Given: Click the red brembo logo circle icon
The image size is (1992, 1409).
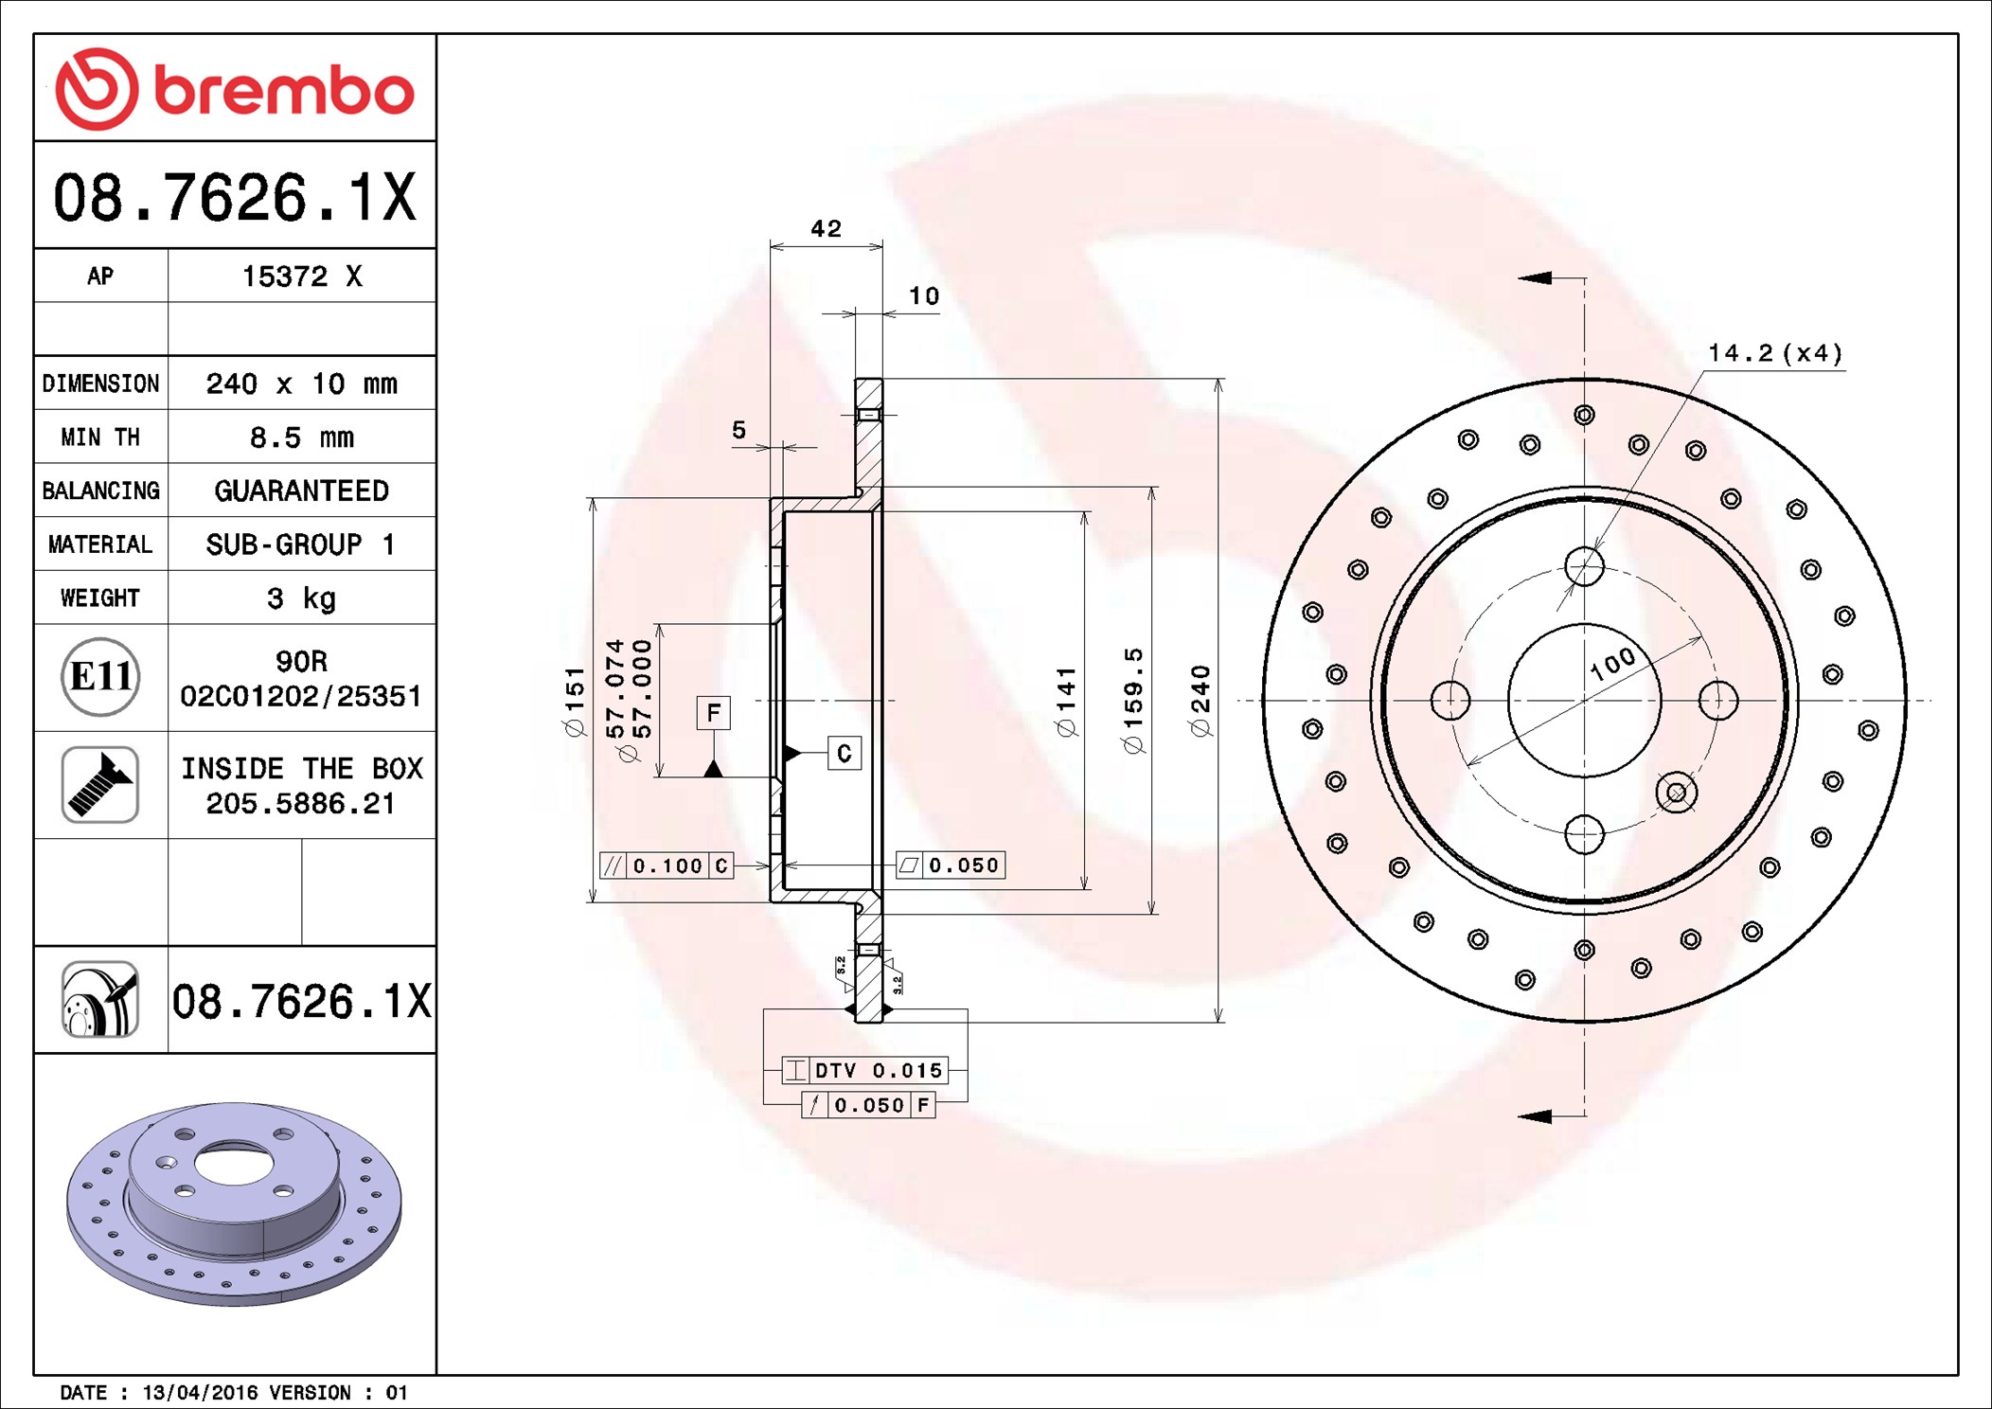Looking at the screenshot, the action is point(97,88).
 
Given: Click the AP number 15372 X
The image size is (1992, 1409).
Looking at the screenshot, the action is point(302,276).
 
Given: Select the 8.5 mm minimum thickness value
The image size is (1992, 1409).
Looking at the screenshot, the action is point(302,437).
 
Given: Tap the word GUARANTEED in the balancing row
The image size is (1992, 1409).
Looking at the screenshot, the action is point(302,490).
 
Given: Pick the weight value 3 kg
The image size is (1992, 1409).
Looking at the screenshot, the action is point(302,598).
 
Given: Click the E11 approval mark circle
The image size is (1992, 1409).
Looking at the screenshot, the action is point(100,677).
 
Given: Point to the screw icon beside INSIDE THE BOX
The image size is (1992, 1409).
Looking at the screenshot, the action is point(100,784).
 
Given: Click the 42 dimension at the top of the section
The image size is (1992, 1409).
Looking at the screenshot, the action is point(826,228).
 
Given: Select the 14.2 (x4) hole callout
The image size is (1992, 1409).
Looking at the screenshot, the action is point(1775,353).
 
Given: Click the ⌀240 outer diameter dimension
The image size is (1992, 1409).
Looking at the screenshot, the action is point(1201,701).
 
